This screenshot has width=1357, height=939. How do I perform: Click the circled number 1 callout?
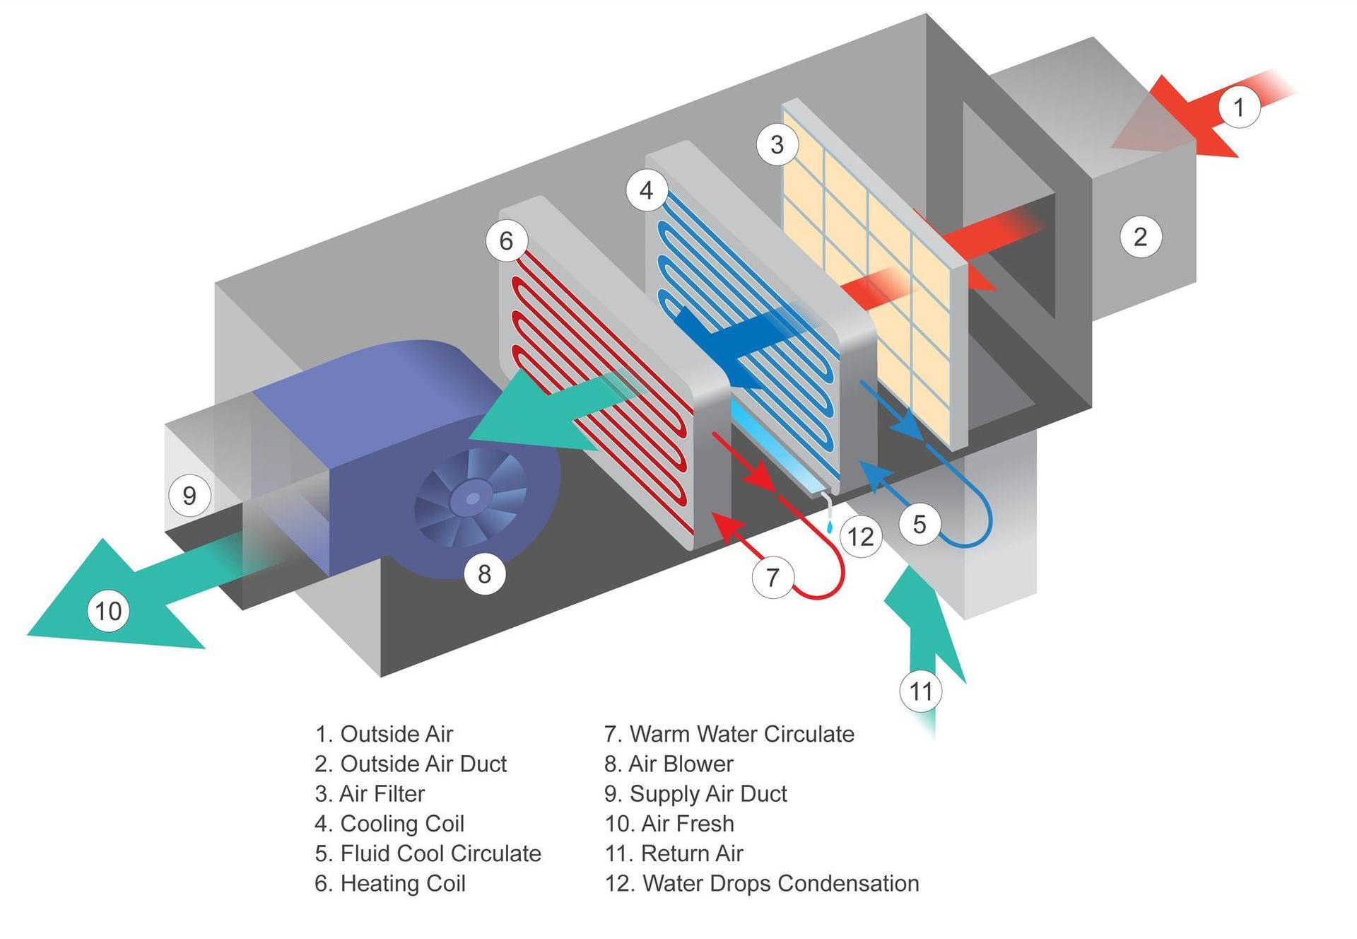[x=1239, y=107]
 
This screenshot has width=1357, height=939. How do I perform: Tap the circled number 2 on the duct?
[x=1140, y=236]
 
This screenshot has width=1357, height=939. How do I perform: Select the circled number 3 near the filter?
[x=777, y=144]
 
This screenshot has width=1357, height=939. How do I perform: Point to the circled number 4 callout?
[x=646, y=190]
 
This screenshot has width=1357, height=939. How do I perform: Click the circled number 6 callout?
[x=506, y=240]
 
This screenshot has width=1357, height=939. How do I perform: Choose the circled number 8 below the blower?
[x=484, y=573]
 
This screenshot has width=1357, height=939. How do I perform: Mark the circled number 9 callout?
[x=189, y=495]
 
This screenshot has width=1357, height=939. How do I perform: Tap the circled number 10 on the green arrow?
[x=108, y=611]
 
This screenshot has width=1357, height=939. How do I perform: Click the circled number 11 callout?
[x=920, y=691]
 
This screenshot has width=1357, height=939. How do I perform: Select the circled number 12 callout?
[x=861, y=537]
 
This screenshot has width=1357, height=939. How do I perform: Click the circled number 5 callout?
[x=919, y=524]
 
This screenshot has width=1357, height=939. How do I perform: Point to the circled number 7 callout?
[x=773, y=577]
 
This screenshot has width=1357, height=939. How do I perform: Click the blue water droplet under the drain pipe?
[x=829, y=527]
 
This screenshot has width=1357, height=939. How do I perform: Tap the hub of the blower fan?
[x=472, y=499]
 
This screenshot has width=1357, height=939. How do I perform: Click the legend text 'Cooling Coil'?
[x=401, y=824]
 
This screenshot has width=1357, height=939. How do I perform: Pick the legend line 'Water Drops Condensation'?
[x=780, y=883]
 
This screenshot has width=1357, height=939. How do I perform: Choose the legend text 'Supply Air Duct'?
[x=707, y=793]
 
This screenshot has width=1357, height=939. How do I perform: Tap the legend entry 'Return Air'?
[x=691, y=853]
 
